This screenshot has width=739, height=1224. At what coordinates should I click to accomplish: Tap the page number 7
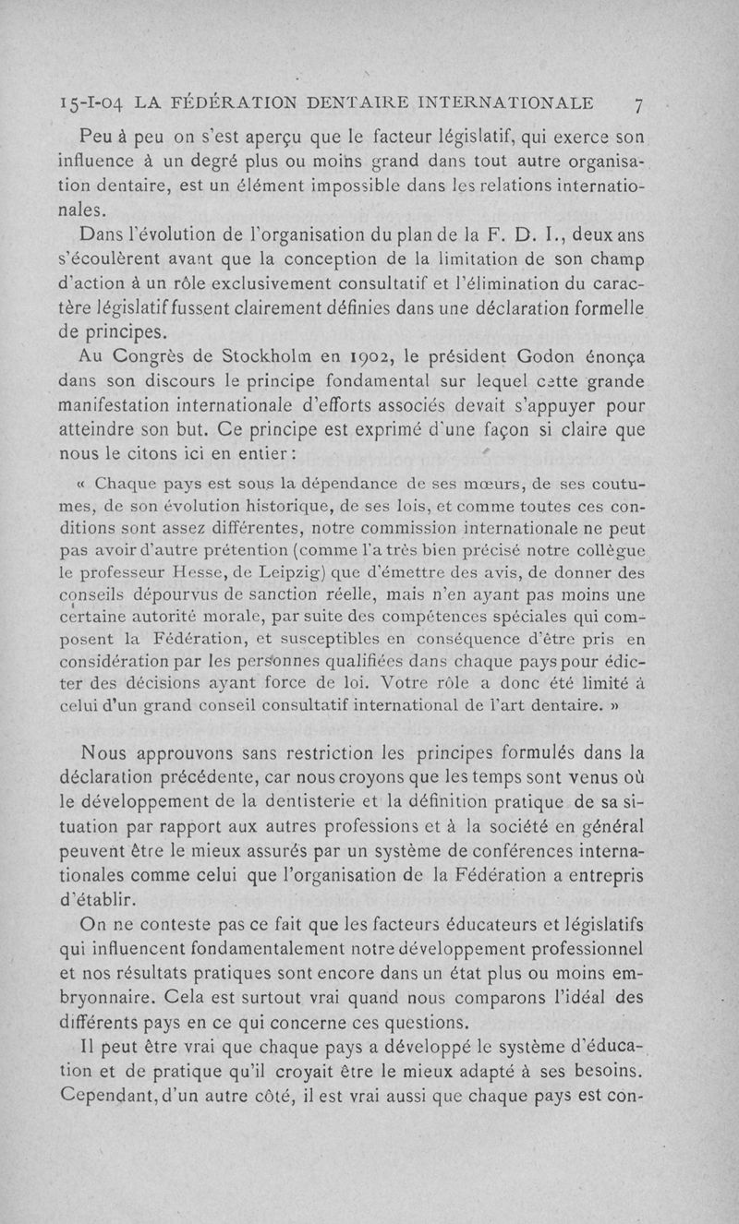click(638, 103)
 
